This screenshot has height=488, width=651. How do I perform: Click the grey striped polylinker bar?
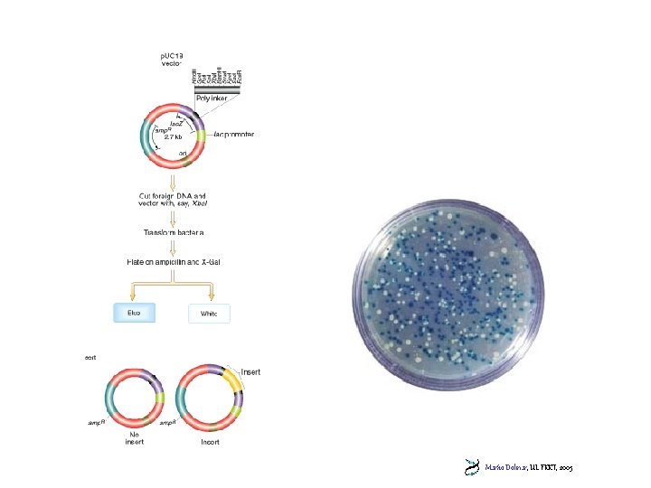tap(217, 89)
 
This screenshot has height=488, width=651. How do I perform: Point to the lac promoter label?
tap(233, 135)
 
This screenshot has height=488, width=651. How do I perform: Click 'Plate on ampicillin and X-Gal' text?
tap(173, 262)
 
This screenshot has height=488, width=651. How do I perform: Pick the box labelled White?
tap(209, 314)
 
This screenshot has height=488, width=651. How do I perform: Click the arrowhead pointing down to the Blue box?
tap(134, 297)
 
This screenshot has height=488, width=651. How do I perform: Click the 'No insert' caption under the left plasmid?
tap(134, 436)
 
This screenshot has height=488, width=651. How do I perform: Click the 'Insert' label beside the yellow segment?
tap(250, 371)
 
